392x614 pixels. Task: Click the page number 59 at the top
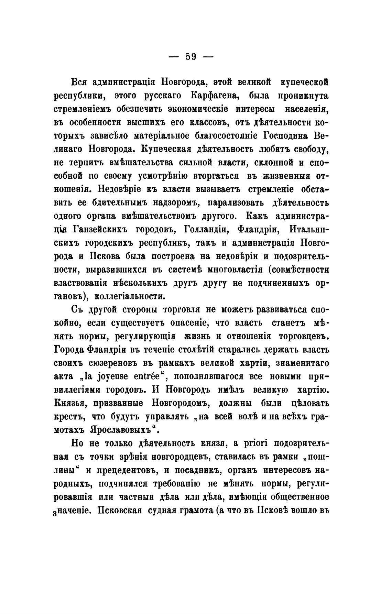(x=191, y=56)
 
